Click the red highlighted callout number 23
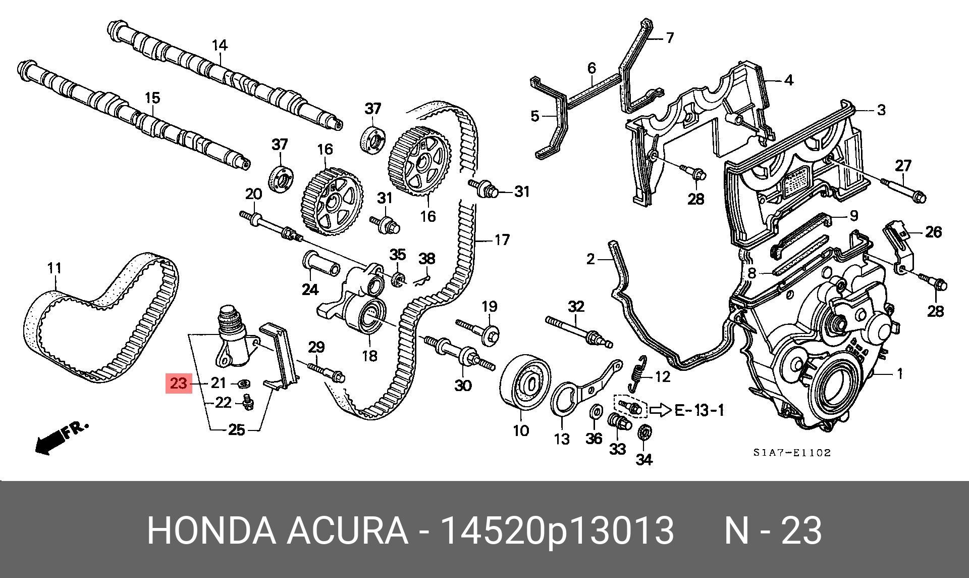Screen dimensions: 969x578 pos(179,383)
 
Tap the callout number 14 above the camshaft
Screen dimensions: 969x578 pos(220,45)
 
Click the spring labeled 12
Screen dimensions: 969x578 pos(638,373)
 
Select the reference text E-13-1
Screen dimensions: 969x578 pos(699,410)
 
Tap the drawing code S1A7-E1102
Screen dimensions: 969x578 pos(792,453)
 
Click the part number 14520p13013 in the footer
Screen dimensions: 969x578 pos(557,531)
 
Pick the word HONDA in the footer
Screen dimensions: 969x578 pos(211,531)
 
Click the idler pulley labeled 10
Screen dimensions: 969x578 pos(525,385)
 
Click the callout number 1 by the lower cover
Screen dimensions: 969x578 pos(899,374)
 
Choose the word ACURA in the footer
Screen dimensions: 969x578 pos(348,531)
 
